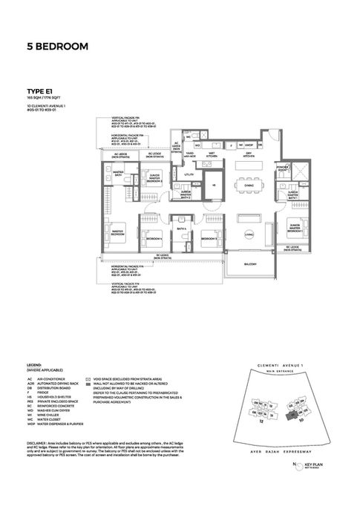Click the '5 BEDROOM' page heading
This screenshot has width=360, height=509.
point(56,47)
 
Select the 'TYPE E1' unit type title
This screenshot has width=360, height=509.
point(36,91)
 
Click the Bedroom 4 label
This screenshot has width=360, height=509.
point(154,239)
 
